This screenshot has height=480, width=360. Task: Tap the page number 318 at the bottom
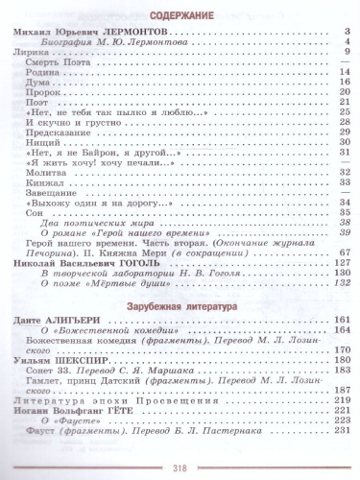(180, 469)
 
